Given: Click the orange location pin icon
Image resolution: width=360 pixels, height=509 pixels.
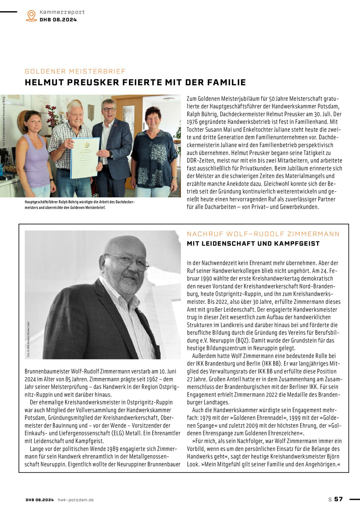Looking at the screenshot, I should (31, 15).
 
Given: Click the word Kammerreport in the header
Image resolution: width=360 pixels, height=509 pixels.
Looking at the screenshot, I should (62, 12).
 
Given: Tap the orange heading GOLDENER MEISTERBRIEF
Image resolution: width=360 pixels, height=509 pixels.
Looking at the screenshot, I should (75, 71).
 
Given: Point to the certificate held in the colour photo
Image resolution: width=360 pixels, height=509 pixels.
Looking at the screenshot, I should (85, 157).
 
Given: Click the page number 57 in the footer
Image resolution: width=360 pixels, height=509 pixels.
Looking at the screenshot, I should (338, 499).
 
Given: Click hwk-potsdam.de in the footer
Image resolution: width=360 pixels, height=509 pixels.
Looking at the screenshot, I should (75, 499).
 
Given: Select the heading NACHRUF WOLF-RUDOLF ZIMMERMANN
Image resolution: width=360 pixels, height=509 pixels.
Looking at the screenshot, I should (263, 234).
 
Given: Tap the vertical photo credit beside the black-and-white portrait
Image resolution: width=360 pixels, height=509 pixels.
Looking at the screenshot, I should (28, 339).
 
